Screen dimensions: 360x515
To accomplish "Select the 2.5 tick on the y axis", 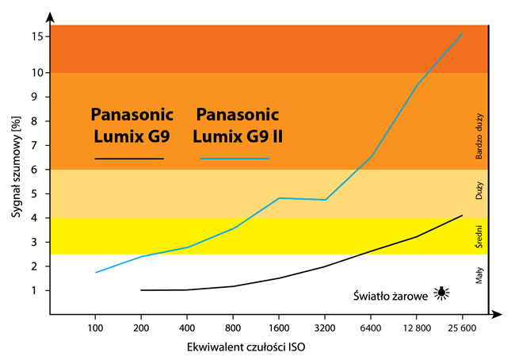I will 49,255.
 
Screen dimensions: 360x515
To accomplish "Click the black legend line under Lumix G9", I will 129,159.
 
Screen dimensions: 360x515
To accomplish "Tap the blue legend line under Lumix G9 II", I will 235,159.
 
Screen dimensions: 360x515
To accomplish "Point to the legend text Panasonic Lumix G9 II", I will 238,124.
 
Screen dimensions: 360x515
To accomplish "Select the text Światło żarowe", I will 391,295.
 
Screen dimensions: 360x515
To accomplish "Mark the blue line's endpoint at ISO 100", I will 95,273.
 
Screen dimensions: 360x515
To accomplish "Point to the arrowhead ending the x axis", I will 497,315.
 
